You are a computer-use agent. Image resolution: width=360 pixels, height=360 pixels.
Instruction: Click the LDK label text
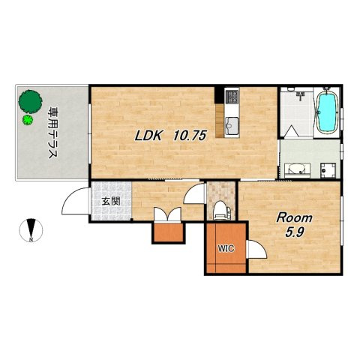coord(148,136)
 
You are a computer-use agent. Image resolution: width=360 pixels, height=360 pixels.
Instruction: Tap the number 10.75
coord(190,136)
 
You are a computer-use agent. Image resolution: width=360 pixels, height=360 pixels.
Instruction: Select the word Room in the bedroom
coord(294,218)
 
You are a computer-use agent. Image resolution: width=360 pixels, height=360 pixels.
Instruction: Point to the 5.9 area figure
coord(295,232)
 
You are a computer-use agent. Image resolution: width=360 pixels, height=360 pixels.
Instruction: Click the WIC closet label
coord(226,248)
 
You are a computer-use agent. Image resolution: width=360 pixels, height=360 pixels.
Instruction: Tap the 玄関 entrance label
coord(111,202)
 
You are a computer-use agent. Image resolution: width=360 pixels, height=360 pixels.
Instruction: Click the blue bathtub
coord(326,113)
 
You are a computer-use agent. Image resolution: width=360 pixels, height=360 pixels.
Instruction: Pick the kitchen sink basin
coord(232,125)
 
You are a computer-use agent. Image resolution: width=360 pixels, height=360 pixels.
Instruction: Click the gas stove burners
coord(232,95)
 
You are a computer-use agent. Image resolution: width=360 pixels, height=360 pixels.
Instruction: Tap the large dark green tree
coord(30,102)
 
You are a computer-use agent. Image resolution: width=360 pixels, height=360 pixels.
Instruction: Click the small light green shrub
coord(28,120)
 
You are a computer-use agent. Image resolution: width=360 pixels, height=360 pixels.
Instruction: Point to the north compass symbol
coord(31,230)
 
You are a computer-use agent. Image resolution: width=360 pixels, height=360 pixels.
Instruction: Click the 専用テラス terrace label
coord(52,133)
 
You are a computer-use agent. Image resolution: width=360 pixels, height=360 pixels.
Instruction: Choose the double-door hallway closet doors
coord(167,214)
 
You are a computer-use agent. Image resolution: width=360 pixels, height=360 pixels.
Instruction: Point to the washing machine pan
coord(328,170)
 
